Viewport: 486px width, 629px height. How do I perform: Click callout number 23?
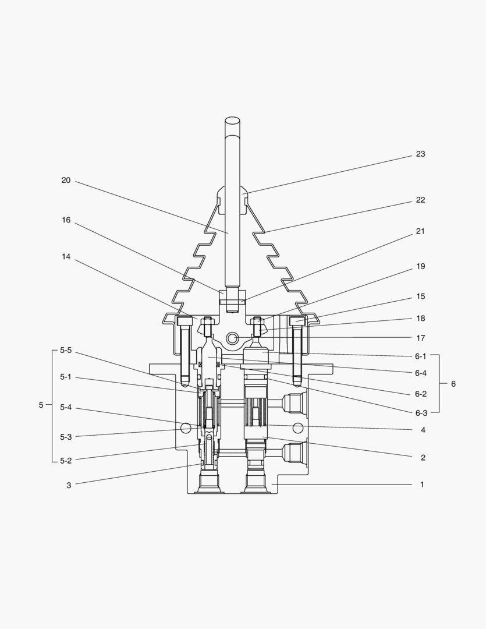(420, 154)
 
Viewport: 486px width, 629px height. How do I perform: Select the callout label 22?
(420, 200)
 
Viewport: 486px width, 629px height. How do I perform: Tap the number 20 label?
(66, 181)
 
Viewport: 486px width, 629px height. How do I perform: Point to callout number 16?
(66, 220)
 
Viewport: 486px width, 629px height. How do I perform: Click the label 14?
(66, 257)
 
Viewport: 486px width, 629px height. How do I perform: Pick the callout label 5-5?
(66, 351)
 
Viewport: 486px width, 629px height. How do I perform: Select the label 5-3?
(66, 437)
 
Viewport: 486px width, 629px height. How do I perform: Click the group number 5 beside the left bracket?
(41, 405)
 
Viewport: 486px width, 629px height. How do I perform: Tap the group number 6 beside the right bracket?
(453, 384)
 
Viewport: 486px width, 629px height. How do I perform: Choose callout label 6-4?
(420, 373)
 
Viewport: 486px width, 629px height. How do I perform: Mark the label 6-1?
(420, 356)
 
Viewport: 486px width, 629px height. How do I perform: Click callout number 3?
(69, 485)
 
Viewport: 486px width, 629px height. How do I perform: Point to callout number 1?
(422, 485)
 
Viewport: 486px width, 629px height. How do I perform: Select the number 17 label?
(420, 338)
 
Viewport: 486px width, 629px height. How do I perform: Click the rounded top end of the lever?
(232, 121)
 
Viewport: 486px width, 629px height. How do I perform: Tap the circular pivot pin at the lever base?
(232, 338)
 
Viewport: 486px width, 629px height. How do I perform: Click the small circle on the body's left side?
(186, 428)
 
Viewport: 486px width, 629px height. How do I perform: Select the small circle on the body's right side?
(298, 428)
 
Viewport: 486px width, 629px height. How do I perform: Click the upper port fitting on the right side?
(293, 402)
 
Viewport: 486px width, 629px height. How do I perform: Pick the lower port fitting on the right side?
(293, 453)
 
